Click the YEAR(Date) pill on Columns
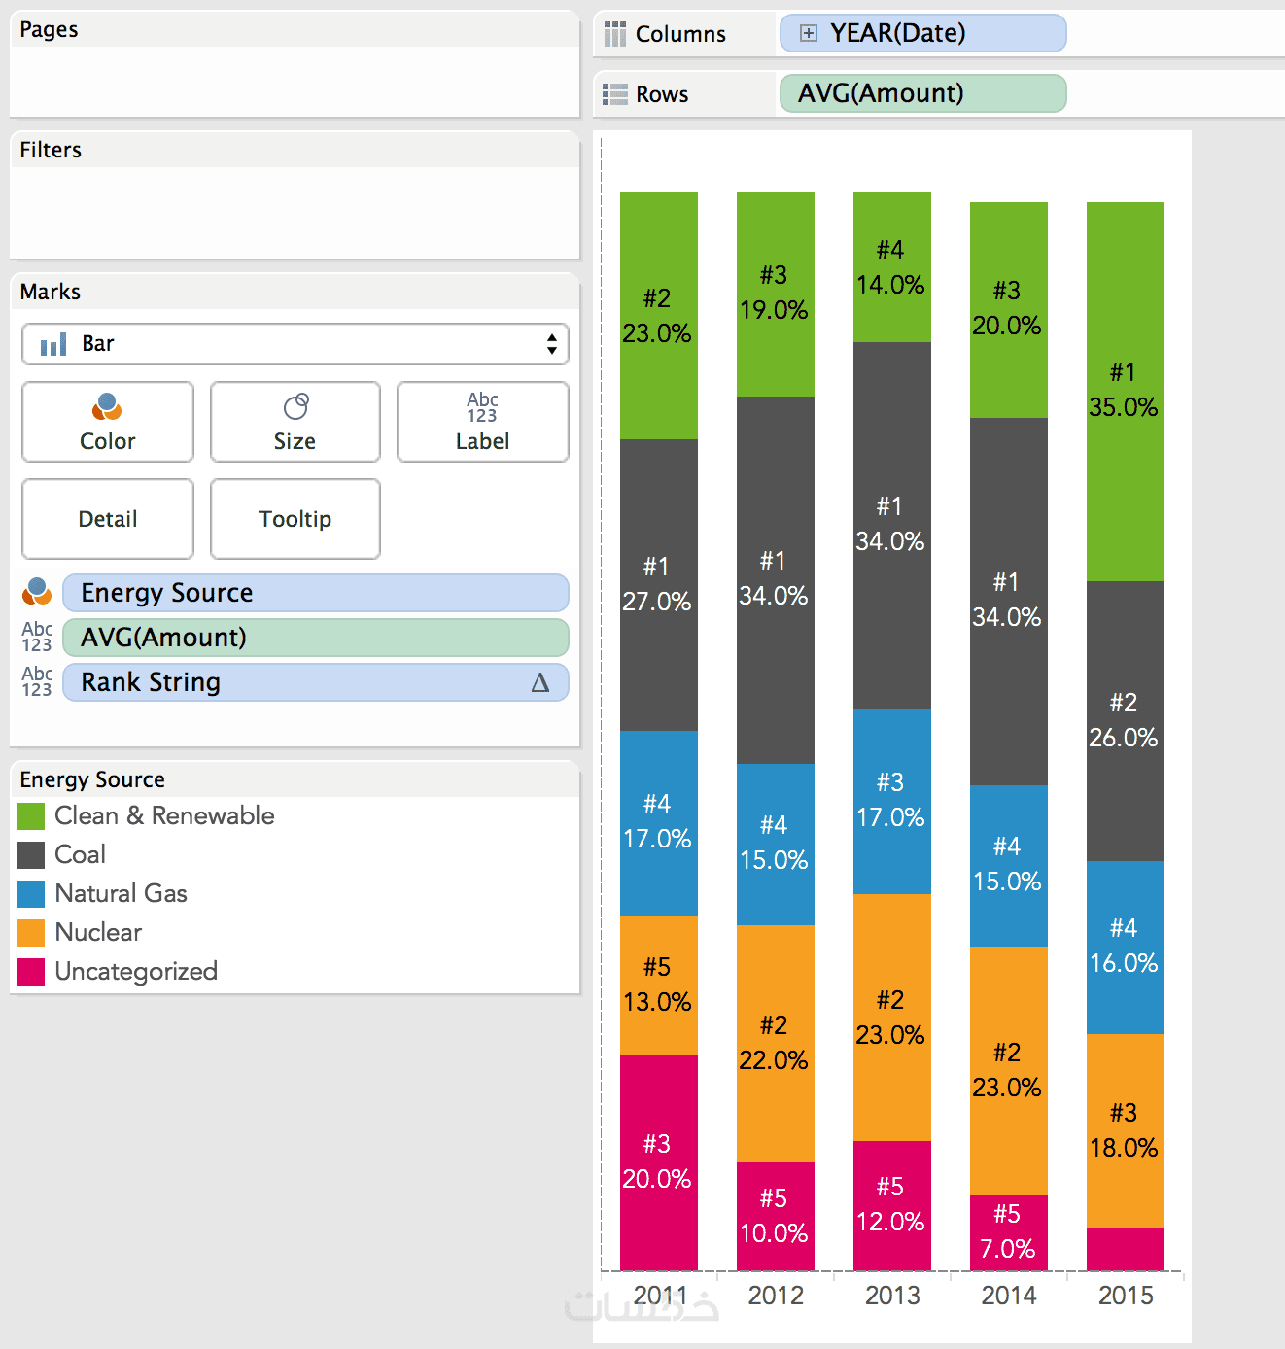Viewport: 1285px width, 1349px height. click(x=921, y=33)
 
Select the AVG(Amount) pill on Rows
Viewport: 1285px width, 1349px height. click(x=921, y=93)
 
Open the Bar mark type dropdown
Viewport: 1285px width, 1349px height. click(x=295, y=344)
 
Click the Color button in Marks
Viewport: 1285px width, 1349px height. click(x=107, y=422)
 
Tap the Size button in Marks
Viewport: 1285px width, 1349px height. click(x=295, y=422)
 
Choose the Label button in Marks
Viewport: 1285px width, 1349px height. click(x=482, y=422)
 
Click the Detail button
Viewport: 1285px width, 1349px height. click(x=107, y=519)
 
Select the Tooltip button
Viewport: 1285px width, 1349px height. click(x=295, y=519)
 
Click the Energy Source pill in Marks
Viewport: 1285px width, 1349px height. click(x=315, y=593)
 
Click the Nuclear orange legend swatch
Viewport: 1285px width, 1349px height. click(x=31, y=933)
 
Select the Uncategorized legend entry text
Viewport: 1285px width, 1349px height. click(x=136, y=971)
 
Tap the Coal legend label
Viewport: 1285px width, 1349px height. click(x=80, y=854)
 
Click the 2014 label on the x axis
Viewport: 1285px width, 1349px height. click(x=1008, y=1296)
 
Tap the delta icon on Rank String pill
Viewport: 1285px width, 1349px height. click(x=540, y=683)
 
